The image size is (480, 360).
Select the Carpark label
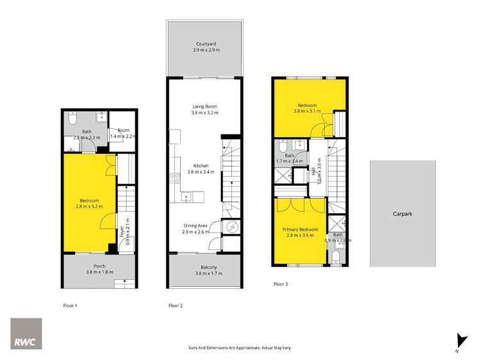(x=402, y=214)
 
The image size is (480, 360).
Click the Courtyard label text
(x=206, y=44)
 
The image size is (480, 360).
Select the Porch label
(x=99, y=266)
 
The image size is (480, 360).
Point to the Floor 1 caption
(x=70, y=306)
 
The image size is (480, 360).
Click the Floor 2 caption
(x=176, y=306)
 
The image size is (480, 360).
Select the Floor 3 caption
(x=281, y=283)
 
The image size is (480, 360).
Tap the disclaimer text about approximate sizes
(x=240, y=347)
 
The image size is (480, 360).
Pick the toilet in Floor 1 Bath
(x=72, y=119)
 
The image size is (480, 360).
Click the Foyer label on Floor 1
(x=122, y=230)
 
